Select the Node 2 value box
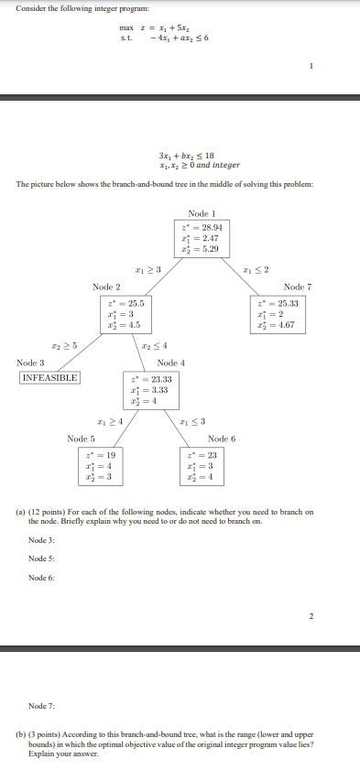tap(121, 313)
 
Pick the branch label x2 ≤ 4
tap(154, 345)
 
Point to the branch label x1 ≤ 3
tap(192, 420)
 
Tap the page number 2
tap(311, 615)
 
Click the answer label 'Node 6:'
tap(41, 578)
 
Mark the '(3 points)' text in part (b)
tap(53, 734)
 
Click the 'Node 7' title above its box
tap(298, 287)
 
